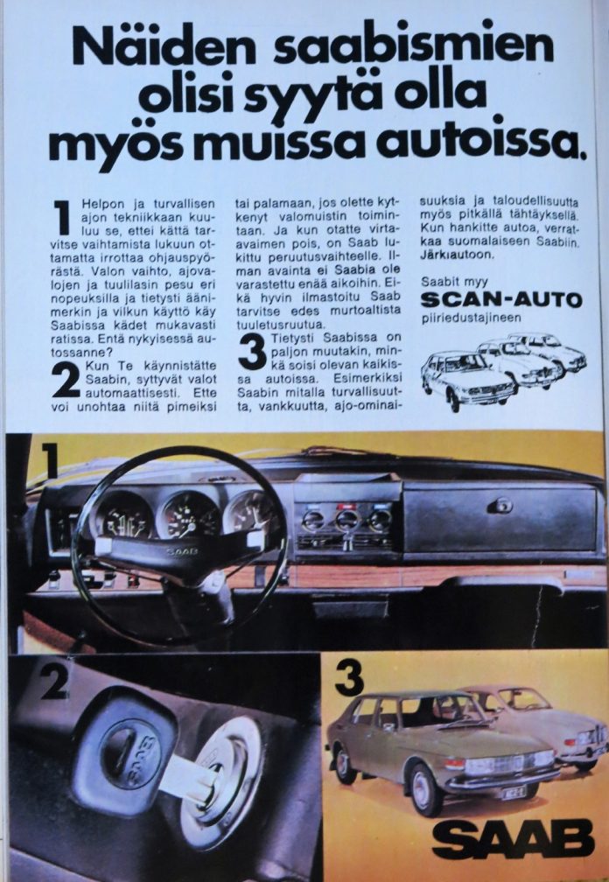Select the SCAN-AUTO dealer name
pyautogui.click(x=501, y=299)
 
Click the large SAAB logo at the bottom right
pyautogui.click(x=514, y=838)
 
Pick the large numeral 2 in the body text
pyautogui.click(x=66, y=379)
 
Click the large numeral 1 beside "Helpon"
pyautogui.click(x=62, y=218)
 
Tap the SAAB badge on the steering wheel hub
pyautogui.click(x=182, y=551)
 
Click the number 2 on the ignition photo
pyautogui.click(x=54, y=684)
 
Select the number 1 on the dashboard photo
pyautogui.click(x=50, y=460)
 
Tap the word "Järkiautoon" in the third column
pyautogui.click(x=457, y=255)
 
